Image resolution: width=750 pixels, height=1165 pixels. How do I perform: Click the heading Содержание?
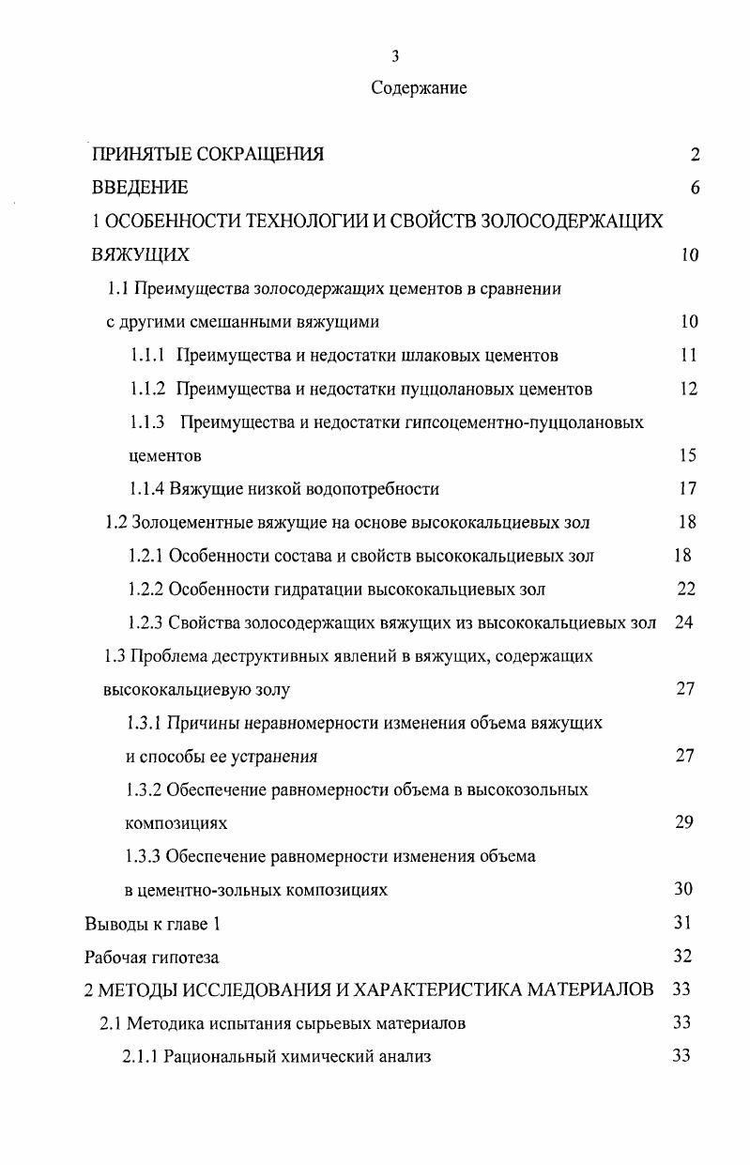419,88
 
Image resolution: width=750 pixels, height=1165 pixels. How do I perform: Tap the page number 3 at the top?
395,56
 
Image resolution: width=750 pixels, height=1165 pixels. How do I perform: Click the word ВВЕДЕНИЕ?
139,188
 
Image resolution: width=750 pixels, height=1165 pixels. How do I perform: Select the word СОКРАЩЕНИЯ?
262,155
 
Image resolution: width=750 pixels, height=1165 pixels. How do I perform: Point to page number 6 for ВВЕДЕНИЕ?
695,188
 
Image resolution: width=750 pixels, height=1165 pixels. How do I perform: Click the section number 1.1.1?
147,355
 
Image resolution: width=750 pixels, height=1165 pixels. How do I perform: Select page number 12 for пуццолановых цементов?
688,389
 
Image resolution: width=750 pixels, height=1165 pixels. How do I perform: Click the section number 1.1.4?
146,488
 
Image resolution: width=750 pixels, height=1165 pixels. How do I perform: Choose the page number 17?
688,488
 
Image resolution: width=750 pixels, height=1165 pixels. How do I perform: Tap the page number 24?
684,621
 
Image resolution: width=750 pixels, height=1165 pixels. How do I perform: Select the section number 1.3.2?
145,789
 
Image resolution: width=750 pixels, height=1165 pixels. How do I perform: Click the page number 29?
684,822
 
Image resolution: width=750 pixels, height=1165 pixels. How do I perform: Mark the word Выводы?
114,923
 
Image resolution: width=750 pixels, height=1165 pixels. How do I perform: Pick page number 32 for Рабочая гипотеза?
682,956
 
